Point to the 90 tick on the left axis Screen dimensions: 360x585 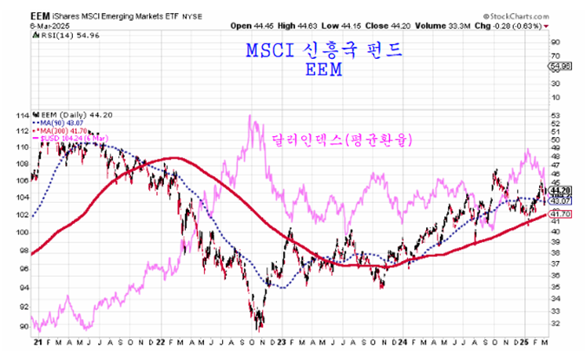point(23,326)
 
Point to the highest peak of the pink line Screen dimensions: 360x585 point(252,117)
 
